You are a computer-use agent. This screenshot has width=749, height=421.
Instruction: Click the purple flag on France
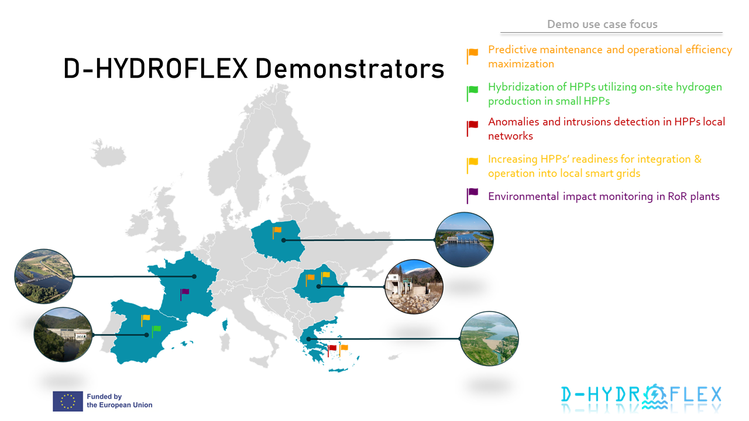(x=184, y=293)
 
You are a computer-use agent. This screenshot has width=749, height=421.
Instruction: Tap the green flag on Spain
(x=156, y=330)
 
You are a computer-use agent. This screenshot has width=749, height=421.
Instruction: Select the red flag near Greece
(x=332, y=350)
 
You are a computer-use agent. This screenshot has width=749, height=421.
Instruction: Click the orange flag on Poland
(x=276, y=232)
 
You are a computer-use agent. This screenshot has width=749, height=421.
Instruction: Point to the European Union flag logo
(x=68, y=401)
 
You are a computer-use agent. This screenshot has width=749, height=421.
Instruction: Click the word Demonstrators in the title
(x=349, y=69)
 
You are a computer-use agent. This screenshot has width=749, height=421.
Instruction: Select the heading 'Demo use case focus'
(x=602, y=25)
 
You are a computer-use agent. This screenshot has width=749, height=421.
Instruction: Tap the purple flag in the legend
(x=472, y=195)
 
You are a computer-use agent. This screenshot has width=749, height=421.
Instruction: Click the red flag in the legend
(x=472, y=127)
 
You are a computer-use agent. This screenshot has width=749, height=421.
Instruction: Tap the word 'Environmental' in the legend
(x=523, y=196)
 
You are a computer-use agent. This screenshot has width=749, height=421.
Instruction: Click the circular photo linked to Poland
(x=465, y=240)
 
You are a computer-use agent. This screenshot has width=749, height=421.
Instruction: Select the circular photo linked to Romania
(x=414, y=287)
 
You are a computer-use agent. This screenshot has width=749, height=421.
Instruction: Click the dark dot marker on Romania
(x=318, y=287)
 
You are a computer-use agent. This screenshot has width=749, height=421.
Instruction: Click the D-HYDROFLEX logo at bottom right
(x=641, y=395)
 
